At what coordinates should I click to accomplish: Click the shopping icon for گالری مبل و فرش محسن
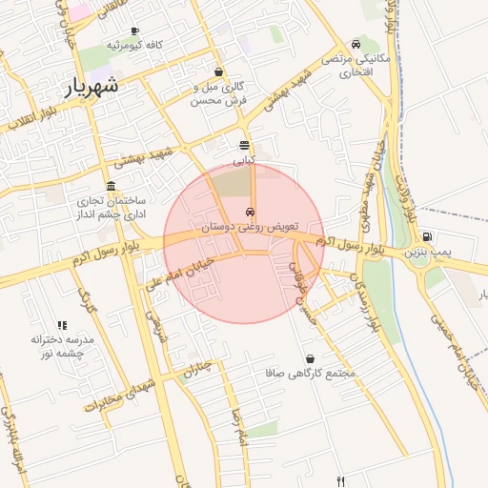click(x=219, y=71)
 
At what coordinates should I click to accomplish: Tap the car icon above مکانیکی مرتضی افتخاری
click(x=356, y=43)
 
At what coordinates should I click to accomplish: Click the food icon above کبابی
click(x=245, y=145)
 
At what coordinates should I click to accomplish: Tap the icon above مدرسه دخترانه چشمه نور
click(x=62, y=325)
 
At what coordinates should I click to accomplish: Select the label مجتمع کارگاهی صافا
click(x=311, y=374)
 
